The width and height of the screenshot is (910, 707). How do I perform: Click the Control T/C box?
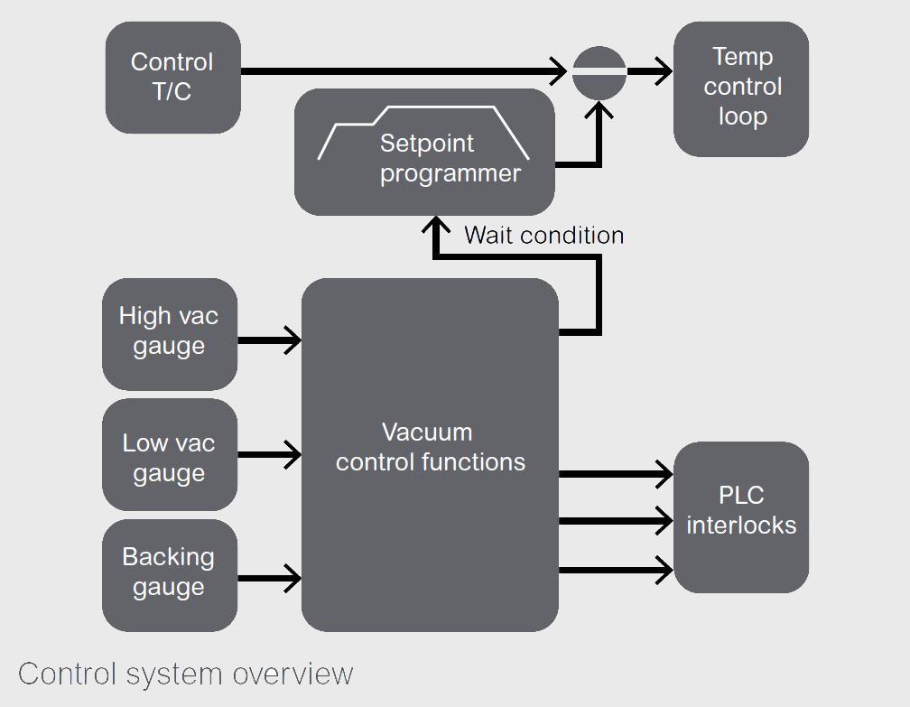pyautogui.click(x=172, y=77)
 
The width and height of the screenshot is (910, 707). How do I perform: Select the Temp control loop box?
pyautogui.click(x=741, y=88)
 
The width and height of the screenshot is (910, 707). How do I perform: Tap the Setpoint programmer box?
pyautogui.click(x=424, y=153)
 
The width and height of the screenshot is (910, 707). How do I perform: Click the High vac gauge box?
pyautogui.click(x=169, y=332)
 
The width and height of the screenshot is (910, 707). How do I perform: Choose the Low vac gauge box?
pyautogui.click(x=169, y=455)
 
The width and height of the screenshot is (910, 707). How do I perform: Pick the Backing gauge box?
pyautogui.click(x=169, y=574)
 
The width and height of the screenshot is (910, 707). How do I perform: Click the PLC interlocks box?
pyautogui.click(x=741, y=516)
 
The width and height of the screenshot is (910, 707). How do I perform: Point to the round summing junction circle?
pyautogui.click(x=599, y=71)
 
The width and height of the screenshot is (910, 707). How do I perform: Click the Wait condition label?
pyautogui.click(x=543, y=236)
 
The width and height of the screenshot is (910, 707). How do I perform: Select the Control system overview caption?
pyautogui.click(x=185, y=674)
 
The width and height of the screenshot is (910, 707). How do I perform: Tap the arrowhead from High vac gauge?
pyautogui.click(x=292, y=340)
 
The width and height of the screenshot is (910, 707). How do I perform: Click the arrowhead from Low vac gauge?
pyautogui.click(x=292, y=455)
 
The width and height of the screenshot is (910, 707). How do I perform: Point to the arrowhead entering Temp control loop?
pyautogui.click(x=663, y=71)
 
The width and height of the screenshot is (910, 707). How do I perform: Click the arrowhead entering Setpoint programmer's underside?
pyautogui.click(x=435, y=226)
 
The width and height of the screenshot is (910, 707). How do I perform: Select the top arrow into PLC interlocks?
pyautogui.click(x=663, y=473)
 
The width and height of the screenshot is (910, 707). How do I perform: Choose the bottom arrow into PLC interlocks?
pyautogui.click(x=663, y=570)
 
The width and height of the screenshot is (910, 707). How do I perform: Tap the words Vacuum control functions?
pyautogui.click(x=430, y=448)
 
